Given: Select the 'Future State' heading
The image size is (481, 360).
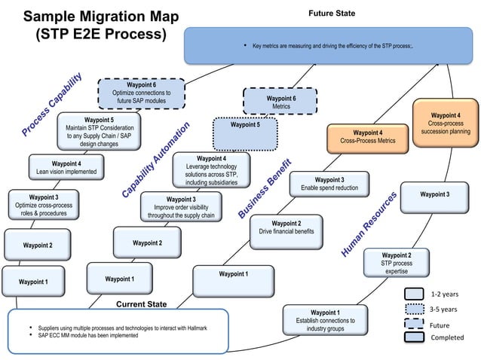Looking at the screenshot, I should click(332, 14).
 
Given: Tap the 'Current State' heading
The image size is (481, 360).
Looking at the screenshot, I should click(142, 304).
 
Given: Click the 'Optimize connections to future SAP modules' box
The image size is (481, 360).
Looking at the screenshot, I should click(142, 93).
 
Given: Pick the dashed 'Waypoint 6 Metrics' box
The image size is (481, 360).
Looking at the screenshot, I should click(280, 102).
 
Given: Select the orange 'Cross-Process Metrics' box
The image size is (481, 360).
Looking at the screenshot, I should click(367, 137).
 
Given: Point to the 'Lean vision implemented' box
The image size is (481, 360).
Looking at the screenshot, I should click(66, 167).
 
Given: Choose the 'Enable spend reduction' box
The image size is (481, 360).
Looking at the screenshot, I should click(329, 184).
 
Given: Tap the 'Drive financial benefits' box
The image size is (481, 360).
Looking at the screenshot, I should click(286, 227).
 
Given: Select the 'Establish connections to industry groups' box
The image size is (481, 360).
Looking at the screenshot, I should click(325, 321).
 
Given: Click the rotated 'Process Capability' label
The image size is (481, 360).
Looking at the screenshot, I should click(51, 105).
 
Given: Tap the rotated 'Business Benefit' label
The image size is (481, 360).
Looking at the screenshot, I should click(265, 188).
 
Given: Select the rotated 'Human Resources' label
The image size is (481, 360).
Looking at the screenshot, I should click(369, 224).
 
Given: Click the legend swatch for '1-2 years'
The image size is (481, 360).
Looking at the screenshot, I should click(414, 294).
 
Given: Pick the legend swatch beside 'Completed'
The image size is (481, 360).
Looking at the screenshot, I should click(414, 337).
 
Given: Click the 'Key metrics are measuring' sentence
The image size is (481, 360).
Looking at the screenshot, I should click(332, 47).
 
